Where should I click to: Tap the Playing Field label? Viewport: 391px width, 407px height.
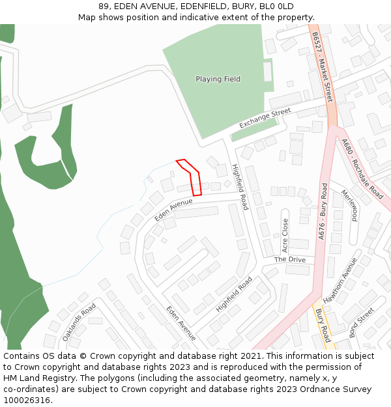(x=218, y=79)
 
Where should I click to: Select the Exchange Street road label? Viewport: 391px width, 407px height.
(x=265, y=119)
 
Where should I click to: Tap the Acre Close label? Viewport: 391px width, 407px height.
(x=285, y=235)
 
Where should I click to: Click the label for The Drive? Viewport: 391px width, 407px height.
(x=289, y=259)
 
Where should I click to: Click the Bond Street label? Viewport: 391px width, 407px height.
(x=362, y=323)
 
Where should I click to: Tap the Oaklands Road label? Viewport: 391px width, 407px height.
(x=79, y=322)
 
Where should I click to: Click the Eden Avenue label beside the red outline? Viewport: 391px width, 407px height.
(x=173, y=210)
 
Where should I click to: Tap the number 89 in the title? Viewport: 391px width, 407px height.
(x=104, y=7)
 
